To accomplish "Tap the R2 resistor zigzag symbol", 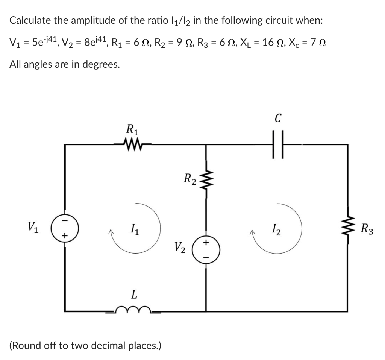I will point(206,176).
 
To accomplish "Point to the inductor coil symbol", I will point(133,310).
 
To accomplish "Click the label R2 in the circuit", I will point(189,178).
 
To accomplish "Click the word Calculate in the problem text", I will point(30,20).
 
